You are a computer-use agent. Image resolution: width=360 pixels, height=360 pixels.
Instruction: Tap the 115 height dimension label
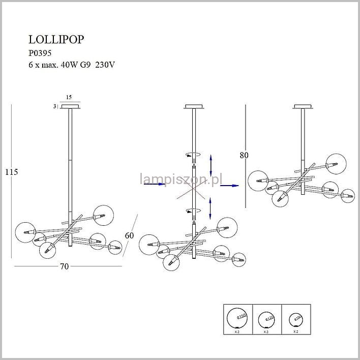pos(11,172)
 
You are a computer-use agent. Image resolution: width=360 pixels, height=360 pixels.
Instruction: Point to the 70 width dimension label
pos(64,266)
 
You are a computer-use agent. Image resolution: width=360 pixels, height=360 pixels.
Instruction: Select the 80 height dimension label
pos(245,156)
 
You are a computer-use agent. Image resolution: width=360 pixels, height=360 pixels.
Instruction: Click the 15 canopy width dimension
pos(69,97)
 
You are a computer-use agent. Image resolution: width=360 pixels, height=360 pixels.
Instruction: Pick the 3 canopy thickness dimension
pos(54,106)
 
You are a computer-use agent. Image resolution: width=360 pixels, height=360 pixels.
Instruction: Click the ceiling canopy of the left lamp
pos(69,107)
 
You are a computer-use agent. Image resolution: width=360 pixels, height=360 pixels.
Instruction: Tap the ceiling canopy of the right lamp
pos(302,107)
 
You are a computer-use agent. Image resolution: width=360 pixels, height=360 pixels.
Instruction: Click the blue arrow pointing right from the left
pos(152,185)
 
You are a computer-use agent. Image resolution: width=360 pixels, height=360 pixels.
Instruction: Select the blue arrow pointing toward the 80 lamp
pos(229,186)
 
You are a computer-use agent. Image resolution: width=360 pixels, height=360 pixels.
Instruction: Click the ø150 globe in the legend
pos(236,318)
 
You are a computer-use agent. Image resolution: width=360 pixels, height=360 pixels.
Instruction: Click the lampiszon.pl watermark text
pos(182,178)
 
